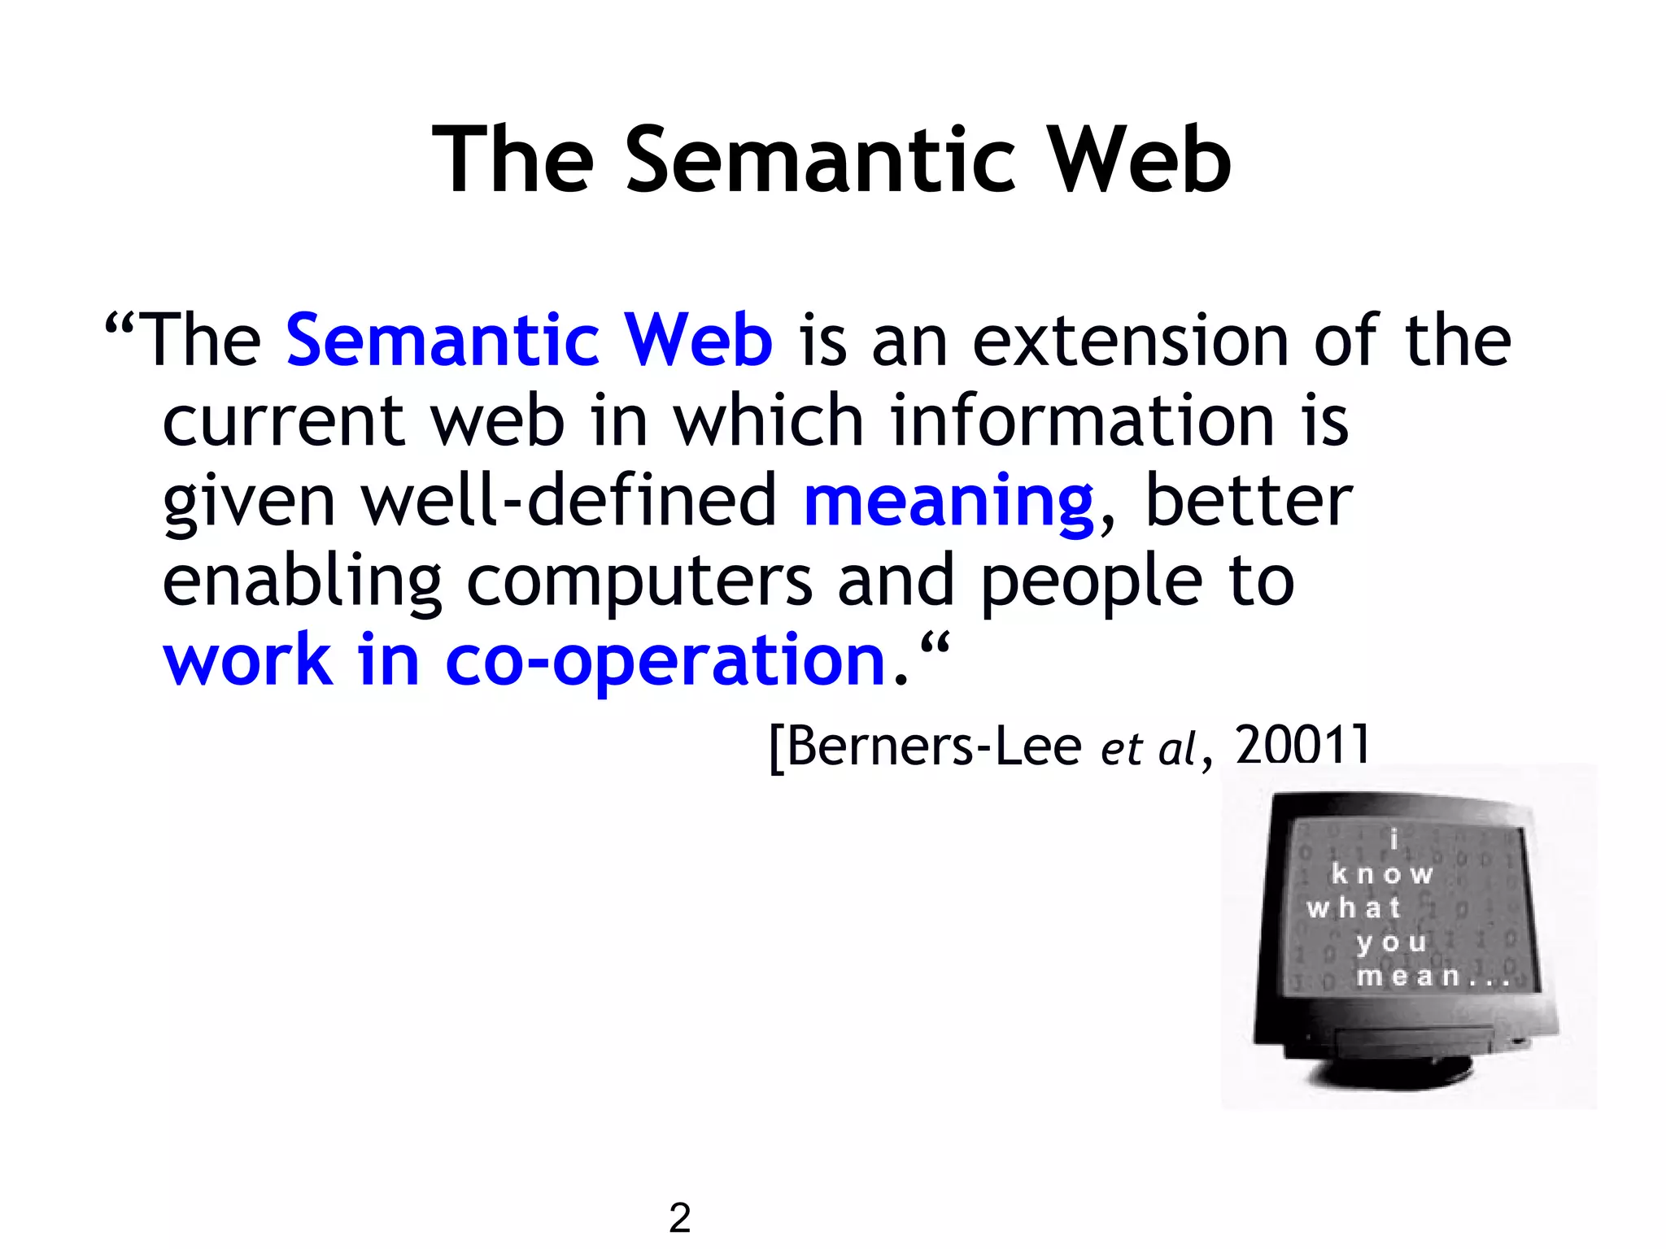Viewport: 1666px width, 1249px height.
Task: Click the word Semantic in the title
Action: pos(821,160)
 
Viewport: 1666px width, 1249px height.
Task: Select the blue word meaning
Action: pos(949,502)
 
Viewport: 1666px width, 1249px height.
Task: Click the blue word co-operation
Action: pos(665,661)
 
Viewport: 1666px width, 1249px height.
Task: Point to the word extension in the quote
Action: pos(1131,341)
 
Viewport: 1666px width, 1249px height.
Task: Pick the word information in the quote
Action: pos(1082,420)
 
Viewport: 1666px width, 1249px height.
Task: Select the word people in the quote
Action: pos(1091,583)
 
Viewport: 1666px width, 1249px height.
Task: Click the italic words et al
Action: pos(1148,748)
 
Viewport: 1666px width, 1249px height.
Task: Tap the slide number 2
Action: pos(680,1217)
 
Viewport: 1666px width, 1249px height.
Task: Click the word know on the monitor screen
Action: pos(1382,874)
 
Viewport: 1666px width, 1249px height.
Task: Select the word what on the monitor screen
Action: pos(1354,907)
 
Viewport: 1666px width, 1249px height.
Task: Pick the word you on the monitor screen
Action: pos(1391,942)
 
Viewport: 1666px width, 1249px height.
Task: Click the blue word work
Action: pos(248,661)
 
